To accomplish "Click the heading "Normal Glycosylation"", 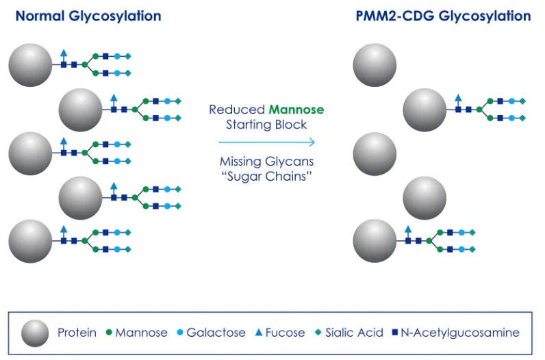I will (x=88, y=16).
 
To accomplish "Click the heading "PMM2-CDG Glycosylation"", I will (x=443, y=16).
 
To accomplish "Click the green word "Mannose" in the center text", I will (x=296, y=110).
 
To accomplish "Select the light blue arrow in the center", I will (x=267, y=142).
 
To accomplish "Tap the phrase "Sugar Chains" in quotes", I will (x=267, y=177).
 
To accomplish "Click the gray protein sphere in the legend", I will (x=35, y=333).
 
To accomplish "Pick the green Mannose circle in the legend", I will (x=109, y=333).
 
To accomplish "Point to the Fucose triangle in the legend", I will (x=259, y=333).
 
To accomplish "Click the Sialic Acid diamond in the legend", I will (x=318, y=333).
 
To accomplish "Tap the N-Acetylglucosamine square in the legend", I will (x=396, y=333).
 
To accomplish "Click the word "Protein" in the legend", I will (x=77, y=333).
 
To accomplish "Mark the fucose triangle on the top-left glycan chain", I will (x=64, y=52).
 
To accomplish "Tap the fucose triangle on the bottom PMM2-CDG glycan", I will (x=409, y=229).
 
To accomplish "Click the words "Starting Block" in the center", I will (x=267, y=125).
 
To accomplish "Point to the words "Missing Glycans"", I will (x=267, y=162).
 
